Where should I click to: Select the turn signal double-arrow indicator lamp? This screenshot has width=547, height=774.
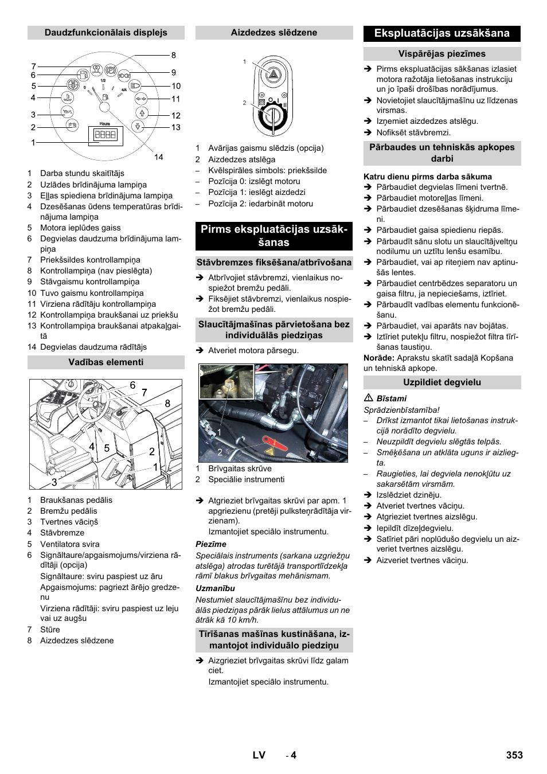pyautogui.click(x=141, y=98)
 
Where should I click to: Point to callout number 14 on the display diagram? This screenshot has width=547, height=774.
pyautogui.click(x=158, y=157)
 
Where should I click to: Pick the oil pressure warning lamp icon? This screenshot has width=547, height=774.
pyautogui.click(x=67, y=111)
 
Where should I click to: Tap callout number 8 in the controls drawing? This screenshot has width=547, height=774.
pyautogui.click(x=167, y=403)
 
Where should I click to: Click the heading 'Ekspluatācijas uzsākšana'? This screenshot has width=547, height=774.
pyautogui.click(x=441, y=33)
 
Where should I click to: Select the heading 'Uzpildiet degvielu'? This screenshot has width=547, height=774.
pyautogui.click(x=441, y=382)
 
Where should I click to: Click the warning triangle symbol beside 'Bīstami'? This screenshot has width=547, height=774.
pyautogui.click(x=368, y=398)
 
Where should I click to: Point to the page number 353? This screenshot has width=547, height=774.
pyautogui.click(x=514, y=755)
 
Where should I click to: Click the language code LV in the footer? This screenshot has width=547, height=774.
pyautogui.click(x=259, y=755)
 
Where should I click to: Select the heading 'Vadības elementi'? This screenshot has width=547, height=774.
pyautogui.click(x=106, y=362)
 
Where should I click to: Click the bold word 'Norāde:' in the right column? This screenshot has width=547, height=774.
pyautogui.click(x=379, y=358)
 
